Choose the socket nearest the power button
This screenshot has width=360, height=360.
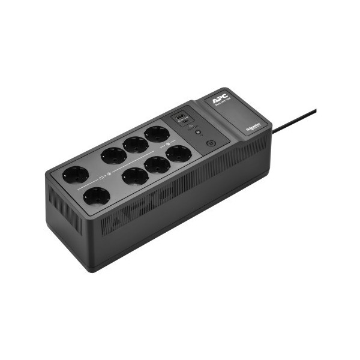[178, 153]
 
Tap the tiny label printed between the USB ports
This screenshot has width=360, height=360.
[184, 119]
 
